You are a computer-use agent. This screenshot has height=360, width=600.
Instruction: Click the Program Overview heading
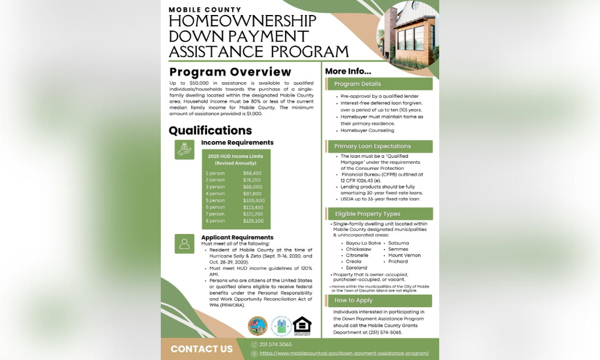pyautogui.click(x=230, y=72)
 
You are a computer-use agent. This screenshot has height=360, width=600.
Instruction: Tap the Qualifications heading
pyautogui.click(x=210, y=130)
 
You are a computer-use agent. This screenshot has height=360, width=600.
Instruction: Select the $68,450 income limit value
pyautogui.click(x=252, y=173)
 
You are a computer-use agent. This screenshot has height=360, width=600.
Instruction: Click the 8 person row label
pyautogui.click(x=215, y=221)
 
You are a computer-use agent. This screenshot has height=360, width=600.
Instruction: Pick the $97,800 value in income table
pyautogui.click(x=252, y=193)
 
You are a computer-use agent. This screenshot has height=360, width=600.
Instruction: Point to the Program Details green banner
pyautogui.click(x=379, y=84)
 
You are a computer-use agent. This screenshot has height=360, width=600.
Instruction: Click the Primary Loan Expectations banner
pyautogui.click(x=379, y=146)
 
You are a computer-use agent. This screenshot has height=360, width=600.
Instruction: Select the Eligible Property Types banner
pyautogui.click(x=379, y=214)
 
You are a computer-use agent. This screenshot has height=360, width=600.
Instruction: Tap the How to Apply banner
pyautogui.click(x=379, y=301)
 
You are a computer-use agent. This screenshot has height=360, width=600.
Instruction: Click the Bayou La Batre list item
pyautogui.click(x=363, y=243)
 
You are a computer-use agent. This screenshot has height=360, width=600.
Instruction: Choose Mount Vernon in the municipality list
pyautogui.click(x=404, y=256)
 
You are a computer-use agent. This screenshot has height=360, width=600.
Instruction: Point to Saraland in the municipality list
pyautogui.click(x=356, y=268)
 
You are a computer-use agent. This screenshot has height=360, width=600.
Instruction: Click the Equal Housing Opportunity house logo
pyautogui.click(x=302, y=326)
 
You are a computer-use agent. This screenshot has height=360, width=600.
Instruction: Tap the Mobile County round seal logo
pyautogui.click(x=257, y=326)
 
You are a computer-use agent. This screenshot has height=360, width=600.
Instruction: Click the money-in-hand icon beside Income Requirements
pyautogui.click(x=184, y=149)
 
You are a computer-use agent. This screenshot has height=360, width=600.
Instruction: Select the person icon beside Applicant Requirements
pyautogui.click(x=184, y=243)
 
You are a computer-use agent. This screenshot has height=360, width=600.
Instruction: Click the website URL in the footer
pyautogui.click(x=344, y=353)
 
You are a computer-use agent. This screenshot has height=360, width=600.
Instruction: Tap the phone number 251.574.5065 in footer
pyautogui.click(x=275, y=344)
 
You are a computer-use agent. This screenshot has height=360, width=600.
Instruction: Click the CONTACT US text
pyautogui.click(x=202, y=349)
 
